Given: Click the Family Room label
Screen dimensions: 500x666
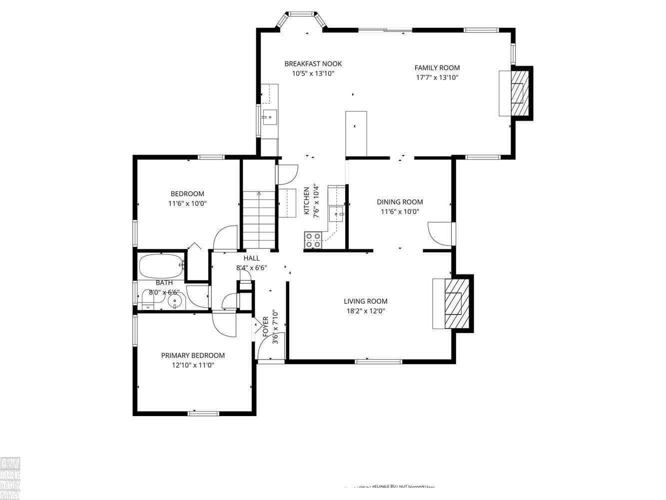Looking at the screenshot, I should (x=437, y=68).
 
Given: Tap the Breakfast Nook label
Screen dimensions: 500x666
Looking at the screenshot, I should (x=313, y=64).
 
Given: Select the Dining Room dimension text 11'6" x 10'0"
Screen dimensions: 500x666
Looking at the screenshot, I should (x=400, y=211).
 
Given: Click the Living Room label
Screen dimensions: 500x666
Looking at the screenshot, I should (x=365, y=301).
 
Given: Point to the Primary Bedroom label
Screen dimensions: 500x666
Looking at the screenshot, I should (x=192, y=355).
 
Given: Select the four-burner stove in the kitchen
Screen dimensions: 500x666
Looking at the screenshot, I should (x=313, y=240).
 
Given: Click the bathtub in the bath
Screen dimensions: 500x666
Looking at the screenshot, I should (x=161, y=266).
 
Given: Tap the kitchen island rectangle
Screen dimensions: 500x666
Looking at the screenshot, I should (x=356, y=133).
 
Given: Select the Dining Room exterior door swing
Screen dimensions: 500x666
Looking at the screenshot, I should (x=440, y=233).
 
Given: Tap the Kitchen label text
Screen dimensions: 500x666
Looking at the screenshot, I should (x=307, y=201).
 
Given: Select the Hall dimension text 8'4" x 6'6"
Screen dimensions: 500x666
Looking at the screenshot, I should (x=251, y=267).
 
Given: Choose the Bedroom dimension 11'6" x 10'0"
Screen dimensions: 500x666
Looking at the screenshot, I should (x=187, y=203).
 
